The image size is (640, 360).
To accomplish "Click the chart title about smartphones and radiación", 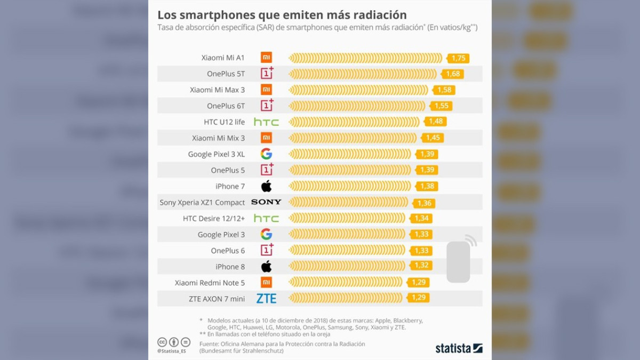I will click(282, 14).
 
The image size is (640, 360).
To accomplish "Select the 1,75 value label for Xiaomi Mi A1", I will click(459, 58).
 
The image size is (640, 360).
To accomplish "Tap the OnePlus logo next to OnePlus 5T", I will click(267, 74).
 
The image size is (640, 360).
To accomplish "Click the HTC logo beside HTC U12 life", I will click(266, 122).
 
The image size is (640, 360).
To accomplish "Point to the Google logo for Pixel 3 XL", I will click(266, 154).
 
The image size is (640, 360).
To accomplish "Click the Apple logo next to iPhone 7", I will click(266, 186).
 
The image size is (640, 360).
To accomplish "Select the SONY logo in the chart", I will click(266, 202).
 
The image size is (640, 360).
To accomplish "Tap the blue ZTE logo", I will click(266, 299).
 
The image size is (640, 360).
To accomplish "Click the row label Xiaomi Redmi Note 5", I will click(210, 283).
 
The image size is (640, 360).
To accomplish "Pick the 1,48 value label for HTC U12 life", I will click(436, 122).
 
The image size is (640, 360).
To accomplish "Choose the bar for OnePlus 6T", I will click(357, 106).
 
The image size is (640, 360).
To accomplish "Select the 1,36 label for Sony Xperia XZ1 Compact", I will click(425, 203).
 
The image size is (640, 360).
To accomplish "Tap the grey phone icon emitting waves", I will click(459, 260).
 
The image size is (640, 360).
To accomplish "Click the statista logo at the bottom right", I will click(459, 348).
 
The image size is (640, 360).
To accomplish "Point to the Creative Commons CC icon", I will click(162, 342).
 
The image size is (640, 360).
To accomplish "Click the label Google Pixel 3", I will click(221, 235).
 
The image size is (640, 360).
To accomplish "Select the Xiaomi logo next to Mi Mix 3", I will click(266, 138).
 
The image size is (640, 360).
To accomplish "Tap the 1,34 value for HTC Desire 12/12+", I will click(421, 218).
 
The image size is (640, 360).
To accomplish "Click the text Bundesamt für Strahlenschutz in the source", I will click(242, 351).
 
